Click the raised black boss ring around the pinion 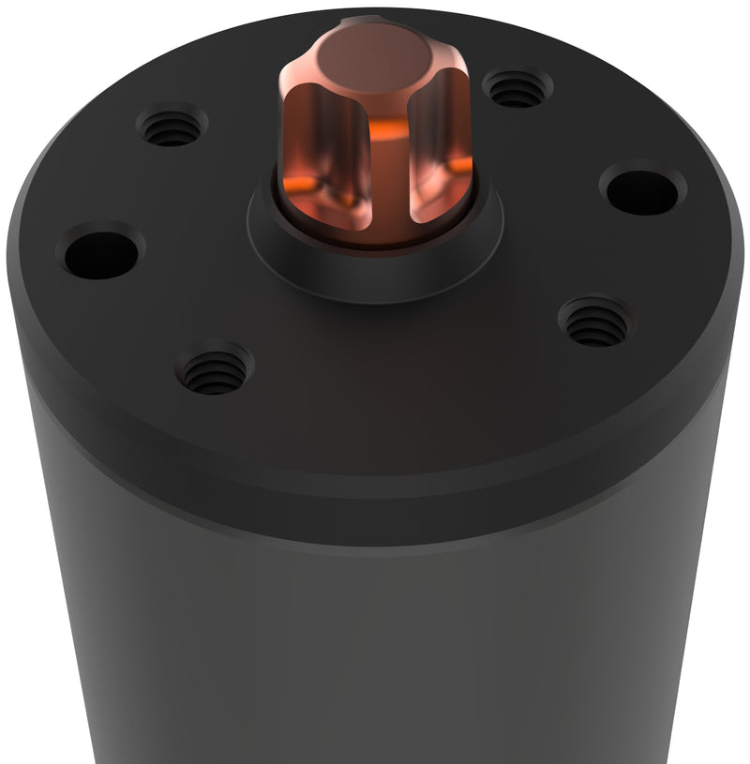point(375,272)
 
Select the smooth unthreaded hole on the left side point(100,253)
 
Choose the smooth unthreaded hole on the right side point(642,189)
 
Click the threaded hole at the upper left point(172,127)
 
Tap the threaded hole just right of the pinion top point(517,90)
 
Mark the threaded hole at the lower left point(214,367)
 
